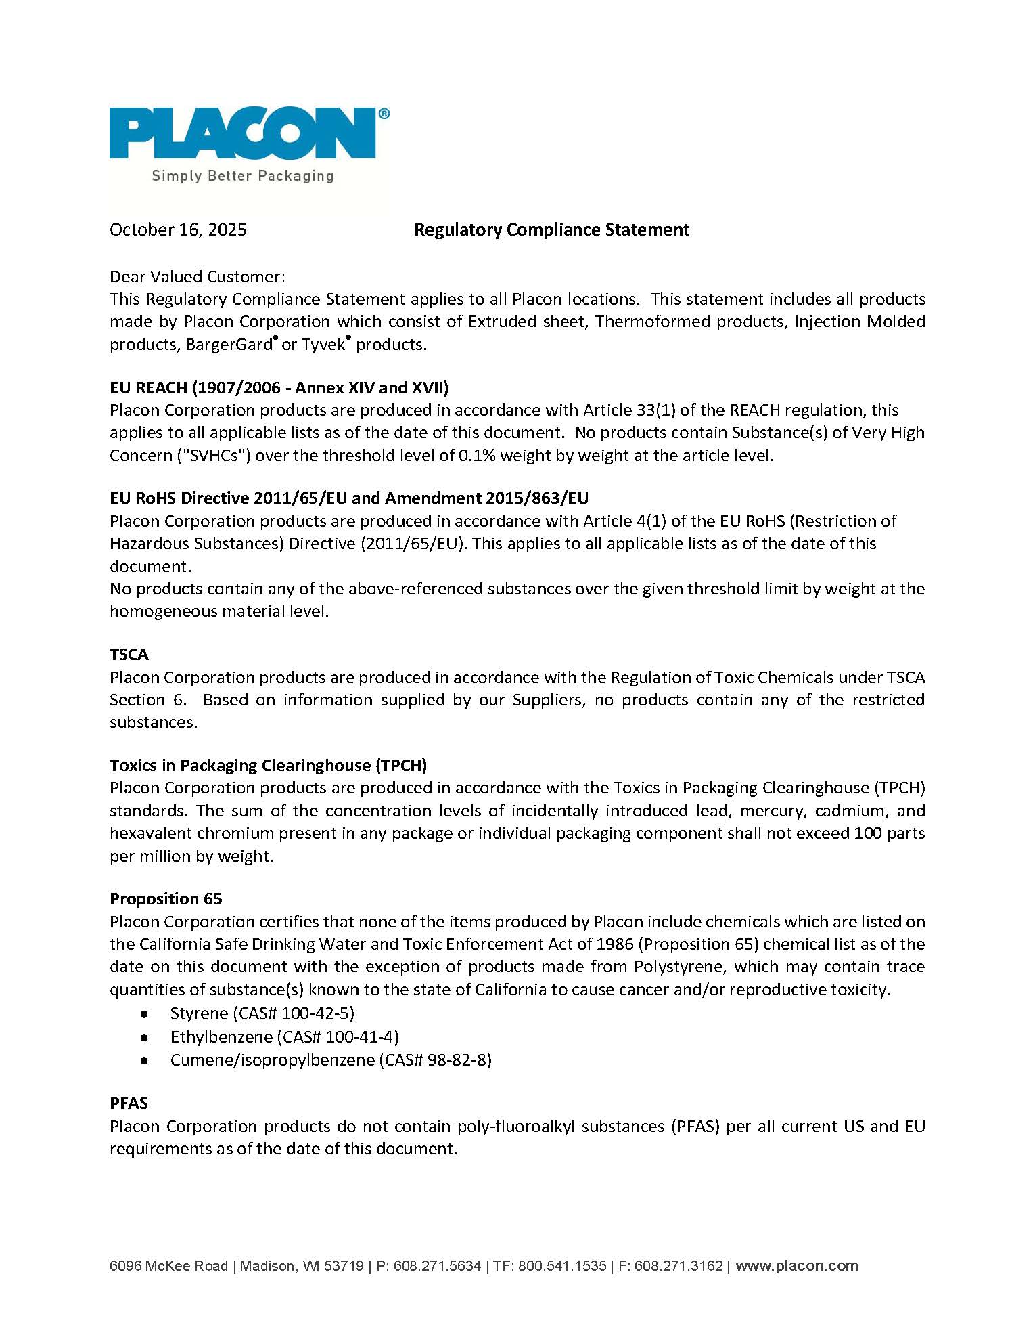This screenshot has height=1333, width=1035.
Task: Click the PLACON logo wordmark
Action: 242,133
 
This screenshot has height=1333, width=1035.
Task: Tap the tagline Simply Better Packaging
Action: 242,176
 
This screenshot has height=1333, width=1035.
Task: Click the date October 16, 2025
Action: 178,230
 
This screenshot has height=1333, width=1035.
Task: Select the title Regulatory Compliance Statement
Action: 551,230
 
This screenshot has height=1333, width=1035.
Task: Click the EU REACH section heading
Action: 279,387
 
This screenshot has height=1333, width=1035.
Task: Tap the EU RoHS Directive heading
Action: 348,498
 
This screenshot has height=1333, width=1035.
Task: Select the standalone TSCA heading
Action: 129,655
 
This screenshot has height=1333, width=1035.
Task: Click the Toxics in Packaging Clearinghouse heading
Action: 268,766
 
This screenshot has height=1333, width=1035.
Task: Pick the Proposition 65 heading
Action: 166,899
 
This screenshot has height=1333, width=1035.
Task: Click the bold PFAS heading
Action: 129,1103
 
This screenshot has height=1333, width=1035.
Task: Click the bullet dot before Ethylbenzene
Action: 144,1037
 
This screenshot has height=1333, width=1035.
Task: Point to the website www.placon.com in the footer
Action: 796,1266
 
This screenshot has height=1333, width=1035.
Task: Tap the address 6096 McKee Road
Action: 168,1266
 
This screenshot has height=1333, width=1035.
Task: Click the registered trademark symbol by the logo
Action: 384,114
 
